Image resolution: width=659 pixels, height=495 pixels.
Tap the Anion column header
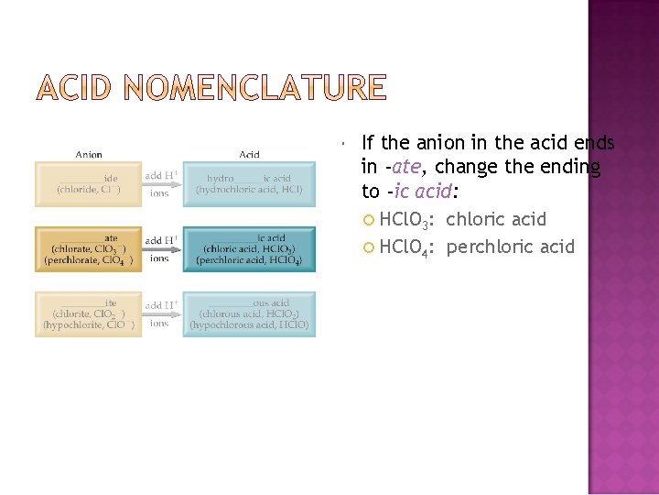89,155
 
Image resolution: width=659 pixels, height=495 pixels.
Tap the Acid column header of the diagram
249,155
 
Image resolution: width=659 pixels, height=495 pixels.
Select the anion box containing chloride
89,183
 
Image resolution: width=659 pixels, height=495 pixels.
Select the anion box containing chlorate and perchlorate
89,248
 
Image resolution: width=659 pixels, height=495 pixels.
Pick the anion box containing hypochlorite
89,313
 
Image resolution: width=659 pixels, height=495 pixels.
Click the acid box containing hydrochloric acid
249,183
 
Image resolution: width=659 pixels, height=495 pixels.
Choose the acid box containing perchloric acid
249,248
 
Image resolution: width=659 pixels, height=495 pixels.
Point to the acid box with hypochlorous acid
249,313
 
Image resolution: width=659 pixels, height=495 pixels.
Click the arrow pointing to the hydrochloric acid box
162,184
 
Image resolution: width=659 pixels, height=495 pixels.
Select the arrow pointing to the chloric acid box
162,249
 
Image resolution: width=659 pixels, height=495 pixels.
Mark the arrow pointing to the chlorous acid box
162,314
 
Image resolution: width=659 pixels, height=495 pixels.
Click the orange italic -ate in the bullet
403,168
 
